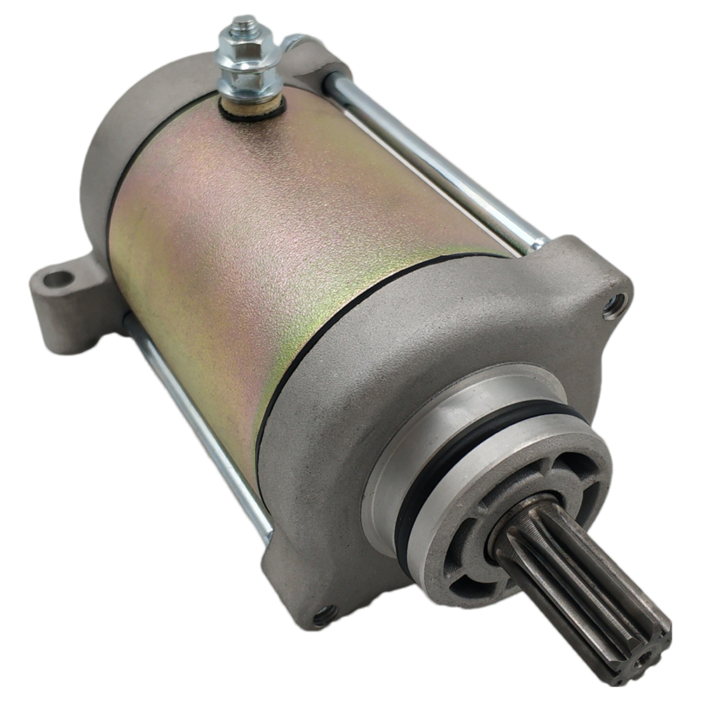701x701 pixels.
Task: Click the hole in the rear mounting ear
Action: (58, 279)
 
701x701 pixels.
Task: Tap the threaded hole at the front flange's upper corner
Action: (614, 304)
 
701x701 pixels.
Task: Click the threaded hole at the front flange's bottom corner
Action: (323, 617)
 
